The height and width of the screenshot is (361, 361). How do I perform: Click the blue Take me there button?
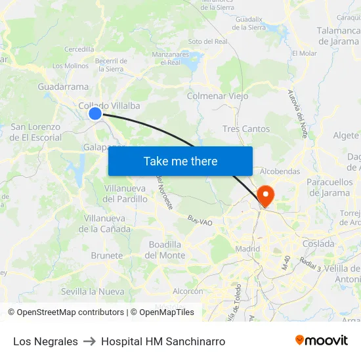[x=180, y=161]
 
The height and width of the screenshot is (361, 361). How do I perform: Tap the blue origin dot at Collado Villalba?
[x=95, y=114]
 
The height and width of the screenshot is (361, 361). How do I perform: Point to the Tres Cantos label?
[x=246, y=129]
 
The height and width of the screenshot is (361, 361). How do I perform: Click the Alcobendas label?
[x=280, y=171]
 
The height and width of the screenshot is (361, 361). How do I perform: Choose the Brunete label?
[x=107, y=255]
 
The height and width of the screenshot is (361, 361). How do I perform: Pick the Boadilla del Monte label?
[x=165, y=249]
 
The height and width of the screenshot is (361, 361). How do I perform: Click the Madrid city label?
[x=247, y=249]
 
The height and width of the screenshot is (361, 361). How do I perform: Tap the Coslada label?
[x=318, y=244]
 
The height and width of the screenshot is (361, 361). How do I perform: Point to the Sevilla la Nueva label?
[x=92, y=291]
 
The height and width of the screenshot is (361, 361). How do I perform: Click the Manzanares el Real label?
[x=165, y=58]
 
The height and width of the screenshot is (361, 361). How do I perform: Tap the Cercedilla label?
[x=79, y=49]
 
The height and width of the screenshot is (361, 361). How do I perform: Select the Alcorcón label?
[x=188, y=291]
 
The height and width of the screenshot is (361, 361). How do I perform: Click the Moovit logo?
[x=321, y=341]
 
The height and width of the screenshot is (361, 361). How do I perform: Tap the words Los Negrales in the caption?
[x=45, y=341]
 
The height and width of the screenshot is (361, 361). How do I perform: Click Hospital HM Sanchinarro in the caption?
[x=163, y=341]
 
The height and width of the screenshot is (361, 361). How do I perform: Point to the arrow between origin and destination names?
[x=89, y=341]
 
